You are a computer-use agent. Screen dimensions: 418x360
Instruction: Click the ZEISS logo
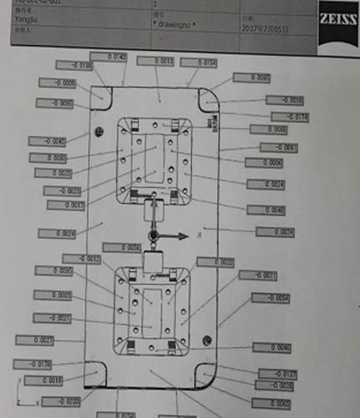(336, 18)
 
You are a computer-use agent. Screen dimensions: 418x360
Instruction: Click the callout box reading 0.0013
(153, 61)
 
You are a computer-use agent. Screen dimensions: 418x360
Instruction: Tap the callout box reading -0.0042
(47, 141)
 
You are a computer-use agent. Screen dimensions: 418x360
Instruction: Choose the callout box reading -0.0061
(279, 147)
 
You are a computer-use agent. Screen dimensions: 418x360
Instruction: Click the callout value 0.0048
(266, 209)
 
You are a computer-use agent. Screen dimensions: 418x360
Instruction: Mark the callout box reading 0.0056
(121, 247)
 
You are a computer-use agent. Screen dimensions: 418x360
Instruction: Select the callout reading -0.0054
(271, 298)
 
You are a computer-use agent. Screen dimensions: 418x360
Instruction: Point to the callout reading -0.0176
(33, 364)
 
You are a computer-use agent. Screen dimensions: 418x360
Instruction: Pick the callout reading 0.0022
(215, 262)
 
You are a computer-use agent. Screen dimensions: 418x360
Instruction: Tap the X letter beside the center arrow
(200, 237)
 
